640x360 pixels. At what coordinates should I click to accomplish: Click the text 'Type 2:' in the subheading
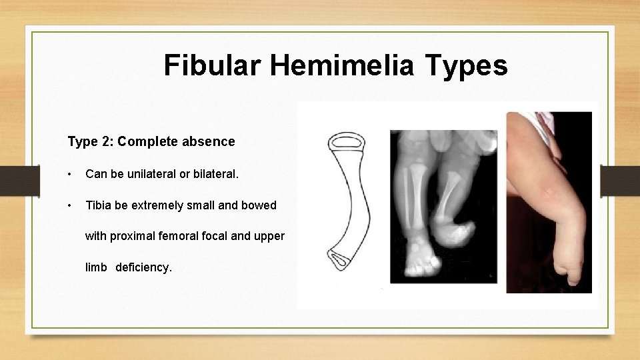point(89,141)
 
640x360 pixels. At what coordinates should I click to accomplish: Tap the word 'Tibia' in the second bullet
point(99,205)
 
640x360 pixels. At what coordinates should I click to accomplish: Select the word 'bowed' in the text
point(259,205)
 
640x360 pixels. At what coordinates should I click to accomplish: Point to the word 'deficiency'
point(143,267)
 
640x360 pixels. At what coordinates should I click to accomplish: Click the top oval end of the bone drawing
point(346,141)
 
